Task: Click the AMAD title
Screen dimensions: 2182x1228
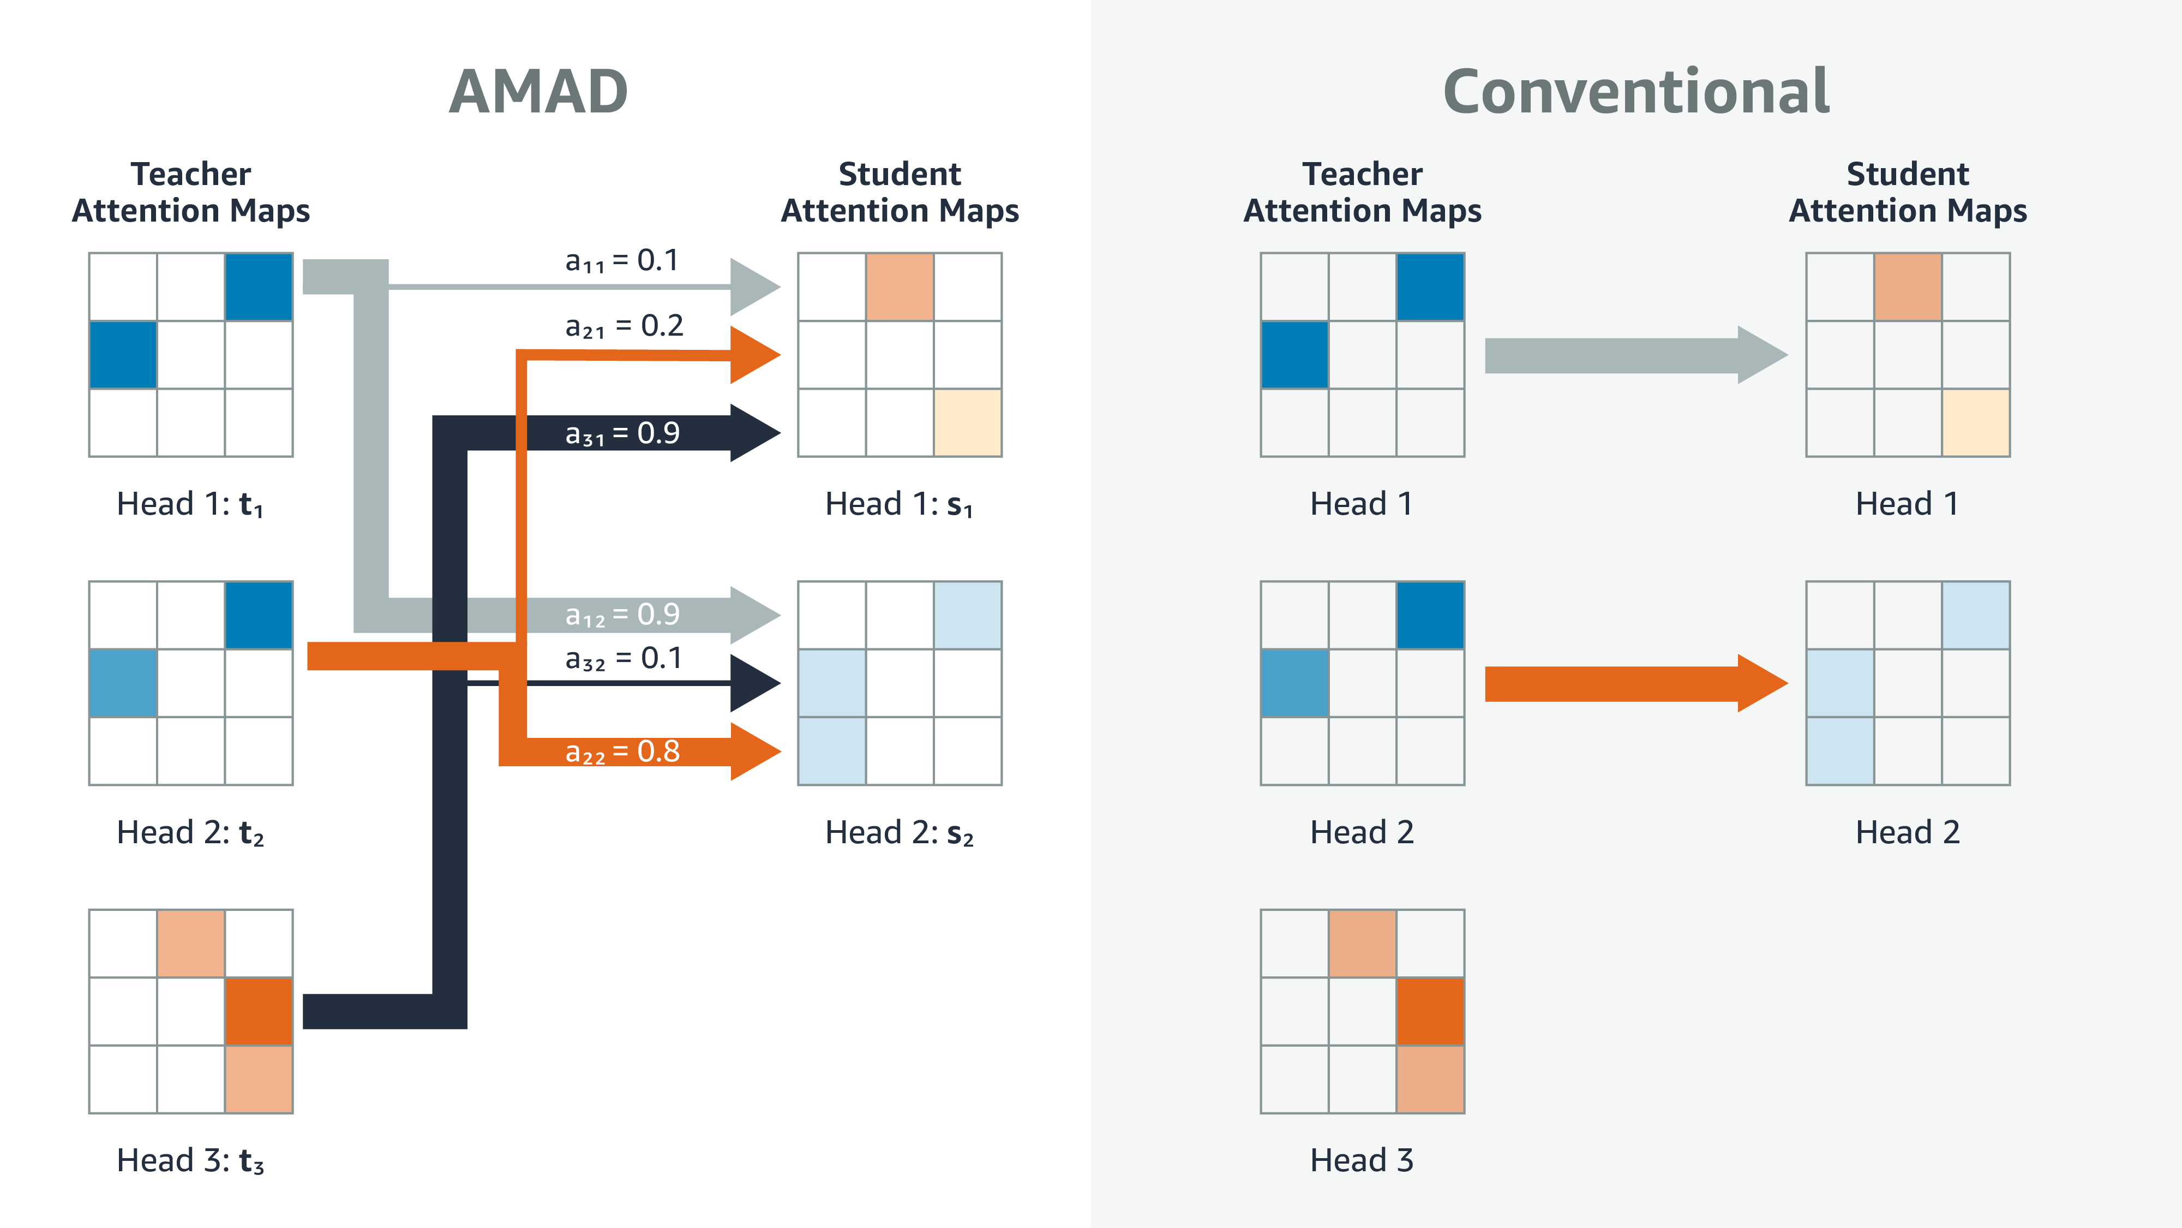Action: point(539,92)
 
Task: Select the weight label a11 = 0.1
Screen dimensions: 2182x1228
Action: point(622,261)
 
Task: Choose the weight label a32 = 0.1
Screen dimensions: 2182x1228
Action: point(624,659)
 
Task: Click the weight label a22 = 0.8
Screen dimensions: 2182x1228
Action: point(622,752)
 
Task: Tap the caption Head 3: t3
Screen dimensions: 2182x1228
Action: point(190,1160)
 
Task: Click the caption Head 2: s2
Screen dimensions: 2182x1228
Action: point(900,832)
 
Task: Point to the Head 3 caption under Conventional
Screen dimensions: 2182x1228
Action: point(1362,1160)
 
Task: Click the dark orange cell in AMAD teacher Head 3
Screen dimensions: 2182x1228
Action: point(259,1011)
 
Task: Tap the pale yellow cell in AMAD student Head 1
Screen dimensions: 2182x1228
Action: point(967,422)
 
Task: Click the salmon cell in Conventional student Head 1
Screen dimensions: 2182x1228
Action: point(1908,287)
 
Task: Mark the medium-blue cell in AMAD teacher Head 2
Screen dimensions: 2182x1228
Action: point(123,683)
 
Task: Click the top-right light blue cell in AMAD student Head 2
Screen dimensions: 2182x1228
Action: point(967,615)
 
